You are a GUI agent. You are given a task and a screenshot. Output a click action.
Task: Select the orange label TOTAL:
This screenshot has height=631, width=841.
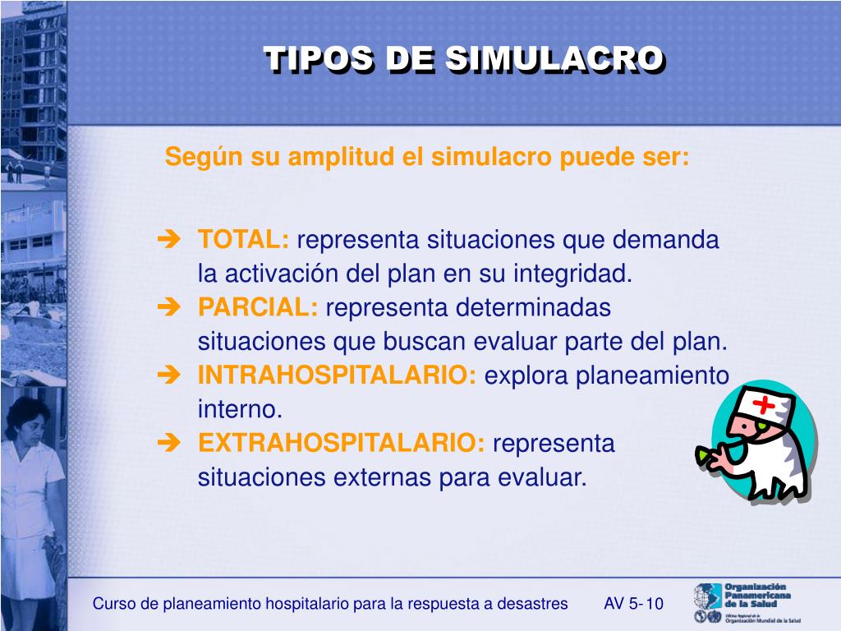point(243,240)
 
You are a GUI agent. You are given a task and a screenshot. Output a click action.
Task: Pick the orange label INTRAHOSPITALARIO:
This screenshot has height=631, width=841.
point(338,375)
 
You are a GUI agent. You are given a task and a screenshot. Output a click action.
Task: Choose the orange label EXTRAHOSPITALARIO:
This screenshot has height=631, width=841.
point(342,443)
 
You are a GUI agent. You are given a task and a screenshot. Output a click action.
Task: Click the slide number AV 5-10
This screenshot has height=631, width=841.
point(633,604)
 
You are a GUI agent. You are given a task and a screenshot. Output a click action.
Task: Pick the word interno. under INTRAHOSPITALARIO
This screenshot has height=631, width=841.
point(240,409)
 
